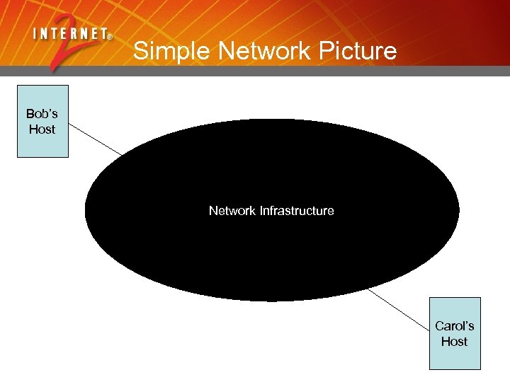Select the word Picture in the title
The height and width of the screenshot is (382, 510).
355,51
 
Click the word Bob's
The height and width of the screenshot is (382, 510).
42,113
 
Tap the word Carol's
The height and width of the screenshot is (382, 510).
455,326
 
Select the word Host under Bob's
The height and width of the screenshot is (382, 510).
42,129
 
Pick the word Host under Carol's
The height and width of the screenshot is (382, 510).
455,342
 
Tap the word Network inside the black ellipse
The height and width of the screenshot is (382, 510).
232,211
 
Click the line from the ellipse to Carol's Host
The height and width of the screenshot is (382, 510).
399,310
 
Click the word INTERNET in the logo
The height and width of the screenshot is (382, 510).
69,33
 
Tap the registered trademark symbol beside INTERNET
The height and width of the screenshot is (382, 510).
110,36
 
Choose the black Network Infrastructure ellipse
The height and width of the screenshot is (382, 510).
272,255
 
